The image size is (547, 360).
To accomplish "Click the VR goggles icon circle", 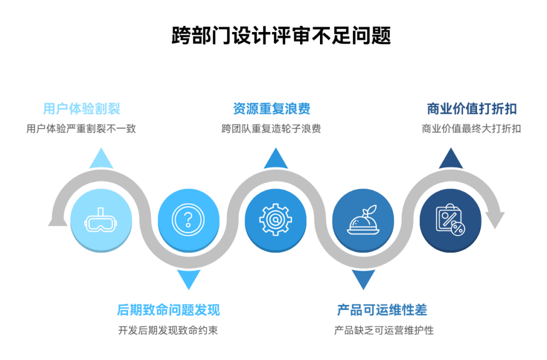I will pos(101,220).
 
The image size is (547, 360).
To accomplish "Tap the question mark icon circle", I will pos(188,220).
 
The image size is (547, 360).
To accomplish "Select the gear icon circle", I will pos(276,220).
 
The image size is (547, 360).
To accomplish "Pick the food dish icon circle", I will pos(363,220).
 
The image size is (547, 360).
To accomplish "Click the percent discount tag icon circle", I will pos(450,220).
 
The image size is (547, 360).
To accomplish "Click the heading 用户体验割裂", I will pos(81,109).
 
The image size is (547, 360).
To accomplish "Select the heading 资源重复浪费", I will pos(271,109).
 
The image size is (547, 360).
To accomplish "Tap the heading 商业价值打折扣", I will pos(472,109).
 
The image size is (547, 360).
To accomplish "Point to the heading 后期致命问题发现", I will pos(168,310).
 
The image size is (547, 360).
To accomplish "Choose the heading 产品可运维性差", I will pos(382,310).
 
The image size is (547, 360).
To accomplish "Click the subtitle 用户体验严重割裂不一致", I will pos(81,129).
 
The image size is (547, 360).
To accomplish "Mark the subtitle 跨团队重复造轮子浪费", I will pos(271,129).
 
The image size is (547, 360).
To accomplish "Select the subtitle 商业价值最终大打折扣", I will pos(471,129).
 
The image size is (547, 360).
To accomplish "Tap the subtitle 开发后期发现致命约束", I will pos(168,330).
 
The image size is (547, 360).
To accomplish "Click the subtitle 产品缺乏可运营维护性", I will pos(384,330).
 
